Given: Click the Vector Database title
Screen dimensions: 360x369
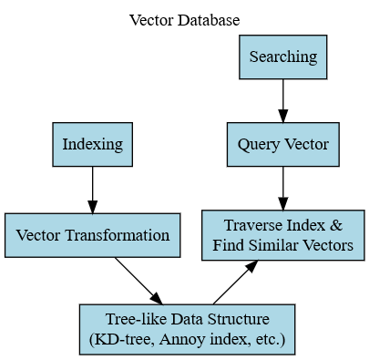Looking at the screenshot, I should click(184, 20).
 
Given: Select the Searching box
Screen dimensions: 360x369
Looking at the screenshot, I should click(282, 57).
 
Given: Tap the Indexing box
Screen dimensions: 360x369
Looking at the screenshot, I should click(92, 144).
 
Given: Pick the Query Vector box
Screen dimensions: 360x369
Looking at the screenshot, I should click(282, 144).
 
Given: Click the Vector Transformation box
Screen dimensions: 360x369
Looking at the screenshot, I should click(92, 235).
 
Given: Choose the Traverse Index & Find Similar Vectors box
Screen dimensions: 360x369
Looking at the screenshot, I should click(282, 235).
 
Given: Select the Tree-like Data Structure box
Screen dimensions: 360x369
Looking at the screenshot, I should click(187, 330).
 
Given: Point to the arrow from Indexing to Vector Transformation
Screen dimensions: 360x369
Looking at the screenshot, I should click(92, 190).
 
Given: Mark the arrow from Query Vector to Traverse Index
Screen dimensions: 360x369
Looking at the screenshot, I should click(282, 189).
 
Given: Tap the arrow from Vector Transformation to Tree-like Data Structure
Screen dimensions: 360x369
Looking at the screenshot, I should click(138, 281).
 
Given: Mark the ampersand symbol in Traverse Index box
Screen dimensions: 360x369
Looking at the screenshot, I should click(335, 225).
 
